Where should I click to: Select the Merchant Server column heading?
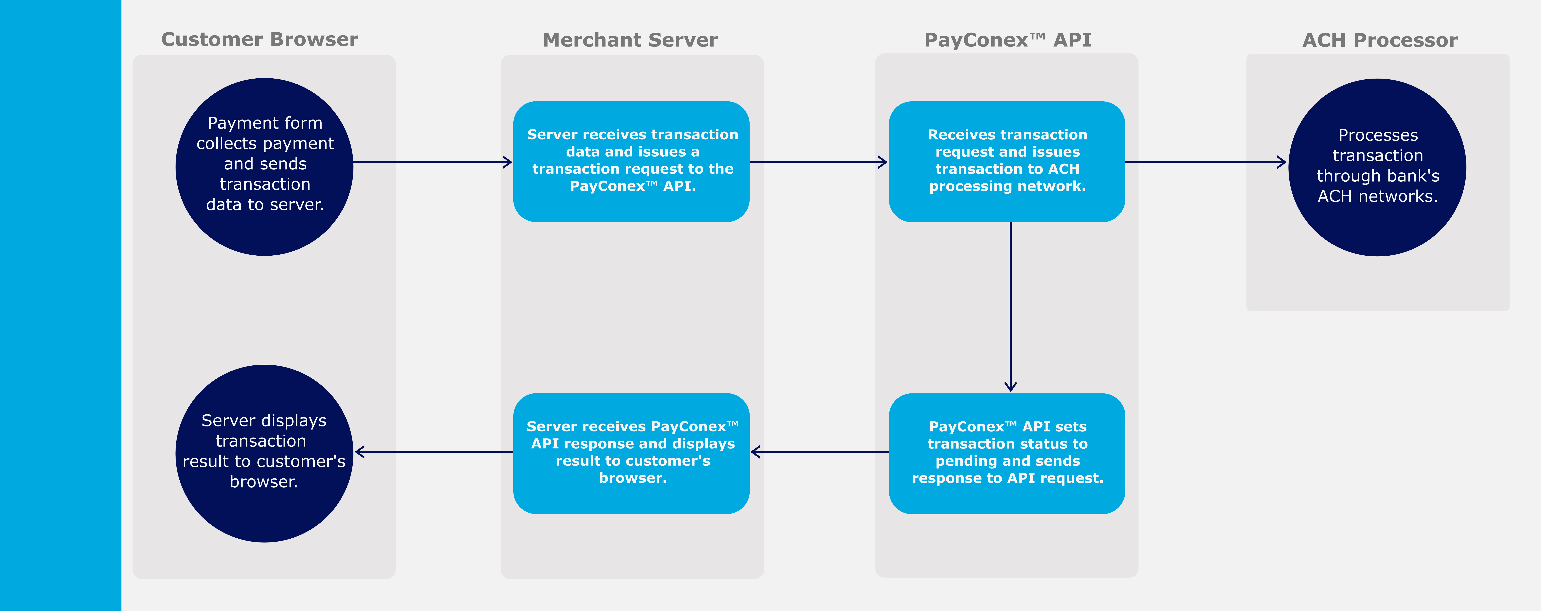pos(630,40)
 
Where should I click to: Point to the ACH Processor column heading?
pos(1380,40)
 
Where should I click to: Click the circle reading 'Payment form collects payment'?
pos(264,167)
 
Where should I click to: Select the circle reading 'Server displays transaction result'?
pos(264,453)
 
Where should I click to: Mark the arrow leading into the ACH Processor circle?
pos(1205,162)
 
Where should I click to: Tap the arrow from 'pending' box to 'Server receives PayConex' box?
pos(819,452)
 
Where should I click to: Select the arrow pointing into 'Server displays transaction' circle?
pos(434,452)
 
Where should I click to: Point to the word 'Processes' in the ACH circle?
pos(1378,135)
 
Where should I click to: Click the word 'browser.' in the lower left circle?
pos(263,482)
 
